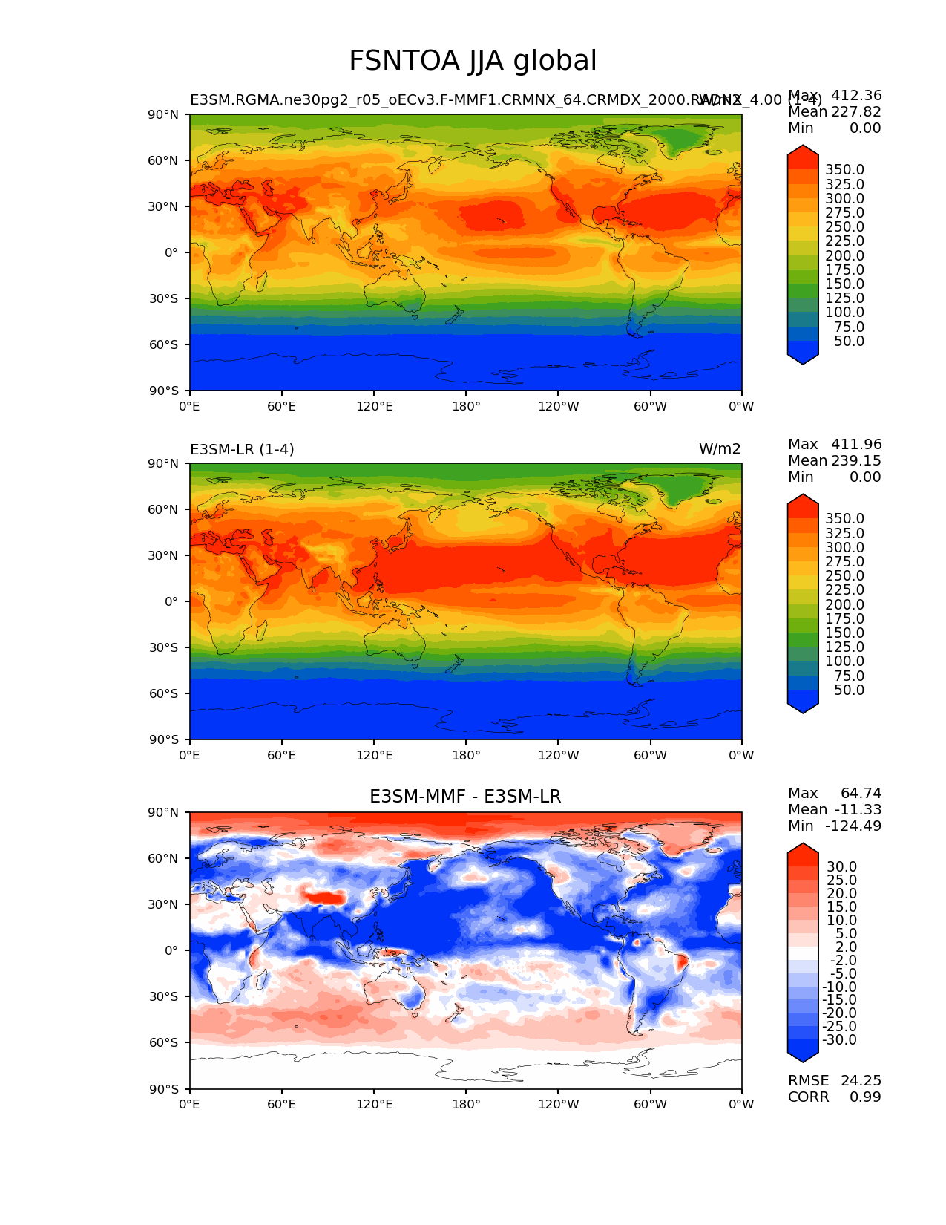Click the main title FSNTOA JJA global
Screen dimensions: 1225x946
[473, 61]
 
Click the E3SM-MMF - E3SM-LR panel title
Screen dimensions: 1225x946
[465, 797]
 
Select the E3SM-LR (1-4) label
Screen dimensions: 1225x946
[242, 449]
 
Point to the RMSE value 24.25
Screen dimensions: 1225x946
[861, 1080]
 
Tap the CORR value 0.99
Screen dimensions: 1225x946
[865, 1097]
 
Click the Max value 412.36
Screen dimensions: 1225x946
[856, 95]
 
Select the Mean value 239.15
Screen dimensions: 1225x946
[856, 460]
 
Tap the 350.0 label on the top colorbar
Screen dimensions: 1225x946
[844, 170]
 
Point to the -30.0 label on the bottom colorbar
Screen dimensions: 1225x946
[839, 1039]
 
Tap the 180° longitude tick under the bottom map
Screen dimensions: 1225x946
[466, 1104]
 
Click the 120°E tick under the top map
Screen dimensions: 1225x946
[374, 406]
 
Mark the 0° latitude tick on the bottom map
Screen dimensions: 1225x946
[171, 950]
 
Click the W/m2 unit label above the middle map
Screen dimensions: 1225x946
[719, 449]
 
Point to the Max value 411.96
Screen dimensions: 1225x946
[856, 444]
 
